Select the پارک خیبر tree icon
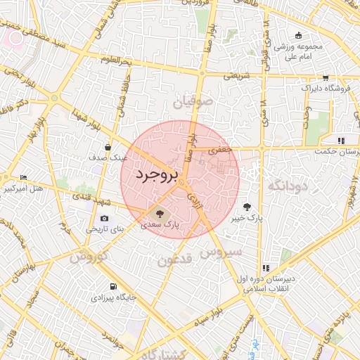pos(247,207)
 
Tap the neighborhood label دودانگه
pos(286,186)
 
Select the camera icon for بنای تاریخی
pos(105,218)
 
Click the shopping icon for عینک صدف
pos(108,148)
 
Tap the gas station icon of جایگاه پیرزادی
pos(113,286)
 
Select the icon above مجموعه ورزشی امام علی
pos(299,36)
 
